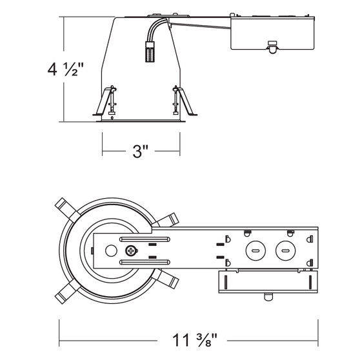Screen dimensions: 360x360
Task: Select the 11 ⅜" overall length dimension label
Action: (190, 337)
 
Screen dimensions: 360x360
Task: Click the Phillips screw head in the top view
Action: (131, 250)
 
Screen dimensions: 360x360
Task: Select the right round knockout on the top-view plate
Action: (283, 250)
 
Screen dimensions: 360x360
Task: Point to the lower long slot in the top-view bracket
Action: (144, 261)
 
